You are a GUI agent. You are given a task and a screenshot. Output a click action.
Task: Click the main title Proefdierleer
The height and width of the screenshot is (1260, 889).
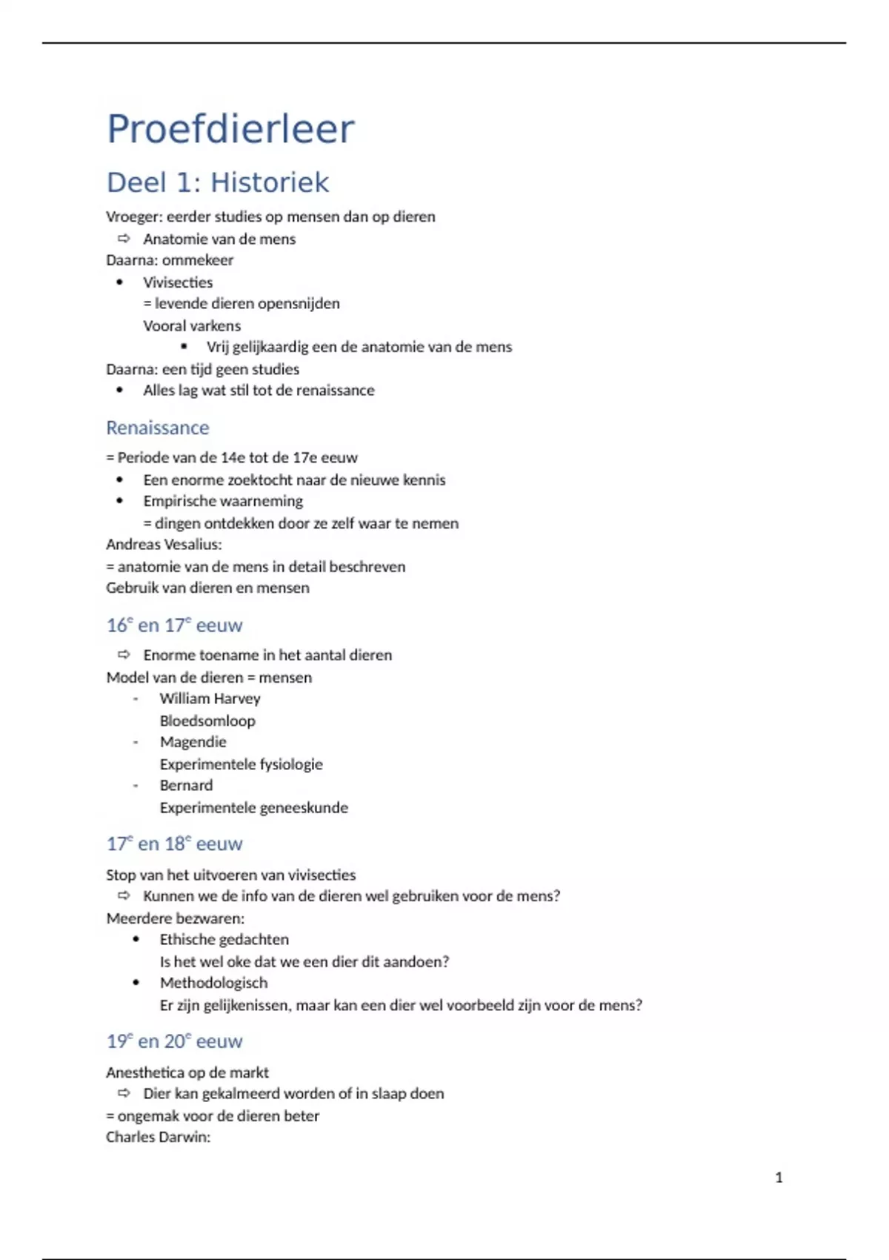coord(230,129)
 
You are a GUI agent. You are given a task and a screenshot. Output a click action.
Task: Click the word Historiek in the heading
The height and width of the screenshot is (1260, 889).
coord(270,182)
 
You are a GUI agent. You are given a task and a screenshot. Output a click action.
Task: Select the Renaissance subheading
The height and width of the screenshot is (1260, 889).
coord(158,428)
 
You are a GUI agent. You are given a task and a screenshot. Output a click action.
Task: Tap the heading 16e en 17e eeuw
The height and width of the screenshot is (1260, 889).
coord(174,625)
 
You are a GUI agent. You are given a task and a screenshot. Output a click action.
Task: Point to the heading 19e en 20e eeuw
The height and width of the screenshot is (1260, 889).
coord(174,1041)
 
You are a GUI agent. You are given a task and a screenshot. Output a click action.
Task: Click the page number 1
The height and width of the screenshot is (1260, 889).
coord(779,1177)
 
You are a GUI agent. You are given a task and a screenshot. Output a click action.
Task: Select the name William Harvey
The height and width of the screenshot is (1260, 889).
coord(210,698)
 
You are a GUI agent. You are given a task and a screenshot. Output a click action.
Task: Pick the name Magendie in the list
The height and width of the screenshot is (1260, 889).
coord(193,741)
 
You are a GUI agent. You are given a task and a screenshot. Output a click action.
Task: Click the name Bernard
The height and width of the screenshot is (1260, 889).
coord(186,785)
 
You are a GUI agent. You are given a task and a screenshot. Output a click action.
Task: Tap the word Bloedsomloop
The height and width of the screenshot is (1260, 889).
coord(207,720)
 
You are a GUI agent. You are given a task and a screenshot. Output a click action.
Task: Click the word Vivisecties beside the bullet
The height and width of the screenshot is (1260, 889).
coord(178,282)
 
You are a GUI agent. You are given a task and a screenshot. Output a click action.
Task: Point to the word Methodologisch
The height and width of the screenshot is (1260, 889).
coord(213,983)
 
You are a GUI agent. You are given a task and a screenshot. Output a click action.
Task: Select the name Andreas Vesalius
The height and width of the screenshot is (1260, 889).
coord(163,544)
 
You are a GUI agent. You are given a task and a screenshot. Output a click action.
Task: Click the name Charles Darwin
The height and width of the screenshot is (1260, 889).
coord(157,1137)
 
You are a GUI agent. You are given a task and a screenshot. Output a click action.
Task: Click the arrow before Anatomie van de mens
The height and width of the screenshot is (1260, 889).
coord(124,239)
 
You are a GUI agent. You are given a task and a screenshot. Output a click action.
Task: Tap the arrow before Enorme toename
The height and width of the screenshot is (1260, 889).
coord(124,654)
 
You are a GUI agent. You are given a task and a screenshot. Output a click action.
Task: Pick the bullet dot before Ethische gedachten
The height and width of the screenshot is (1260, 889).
coord(136,939)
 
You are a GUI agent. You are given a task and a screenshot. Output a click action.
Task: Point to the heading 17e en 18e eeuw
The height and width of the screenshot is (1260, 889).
coord(174,843)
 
